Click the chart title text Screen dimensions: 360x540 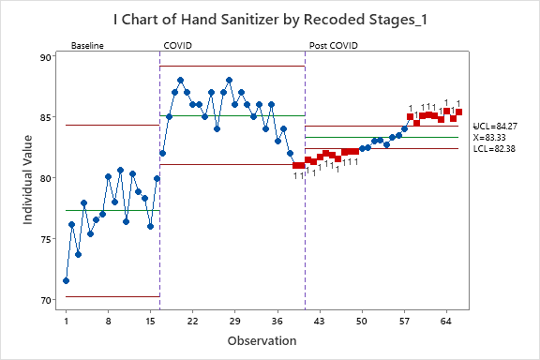270,22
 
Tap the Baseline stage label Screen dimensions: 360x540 87,45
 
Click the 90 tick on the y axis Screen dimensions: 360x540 47,57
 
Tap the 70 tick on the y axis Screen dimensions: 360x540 47,300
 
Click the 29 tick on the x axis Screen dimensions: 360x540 234,321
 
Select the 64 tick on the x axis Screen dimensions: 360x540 446,321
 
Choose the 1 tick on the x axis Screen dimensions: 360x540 66,321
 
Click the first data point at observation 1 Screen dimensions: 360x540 66,280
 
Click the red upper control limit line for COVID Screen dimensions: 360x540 232,67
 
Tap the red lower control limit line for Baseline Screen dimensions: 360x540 112,296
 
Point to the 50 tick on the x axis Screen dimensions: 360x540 362,321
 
